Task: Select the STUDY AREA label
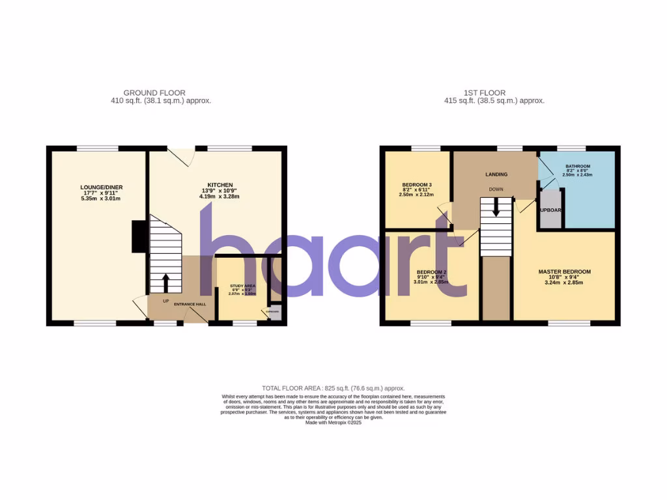(x=242, y=286)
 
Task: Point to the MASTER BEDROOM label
(x=564, y=271)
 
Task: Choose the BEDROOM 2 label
(x=431, y=271)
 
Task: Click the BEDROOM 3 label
(x=416, y=184)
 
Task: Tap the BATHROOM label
(x=577, y=166)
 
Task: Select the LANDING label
(x=496, y=174)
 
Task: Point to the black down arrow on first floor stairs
(x=496, y=208)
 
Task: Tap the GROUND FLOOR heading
(x=154, y=93)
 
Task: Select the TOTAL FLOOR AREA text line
(x=333, y=388)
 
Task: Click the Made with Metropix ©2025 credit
(x=333, y=423)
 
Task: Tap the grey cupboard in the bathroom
(x=550, y=210)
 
